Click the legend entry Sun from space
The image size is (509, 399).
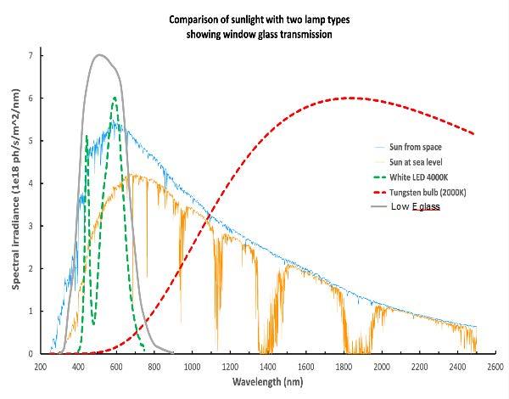415,147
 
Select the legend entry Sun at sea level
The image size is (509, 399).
416,162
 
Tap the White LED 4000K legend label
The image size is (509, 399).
419,177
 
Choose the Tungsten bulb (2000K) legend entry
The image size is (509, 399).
428,193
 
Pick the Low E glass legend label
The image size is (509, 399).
416,206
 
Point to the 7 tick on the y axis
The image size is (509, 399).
31,55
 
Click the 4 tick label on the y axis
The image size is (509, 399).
31,183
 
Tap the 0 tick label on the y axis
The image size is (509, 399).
31,353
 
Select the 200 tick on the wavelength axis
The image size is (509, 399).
40,367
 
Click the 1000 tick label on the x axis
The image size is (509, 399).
193,367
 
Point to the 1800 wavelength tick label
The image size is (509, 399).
344,367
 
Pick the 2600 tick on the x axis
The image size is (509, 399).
495,367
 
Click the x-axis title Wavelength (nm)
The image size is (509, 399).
268,381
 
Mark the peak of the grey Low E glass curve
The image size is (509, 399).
99,54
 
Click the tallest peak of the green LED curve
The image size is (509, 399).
115,98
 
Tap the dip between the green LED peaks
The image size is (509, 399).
93,323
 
